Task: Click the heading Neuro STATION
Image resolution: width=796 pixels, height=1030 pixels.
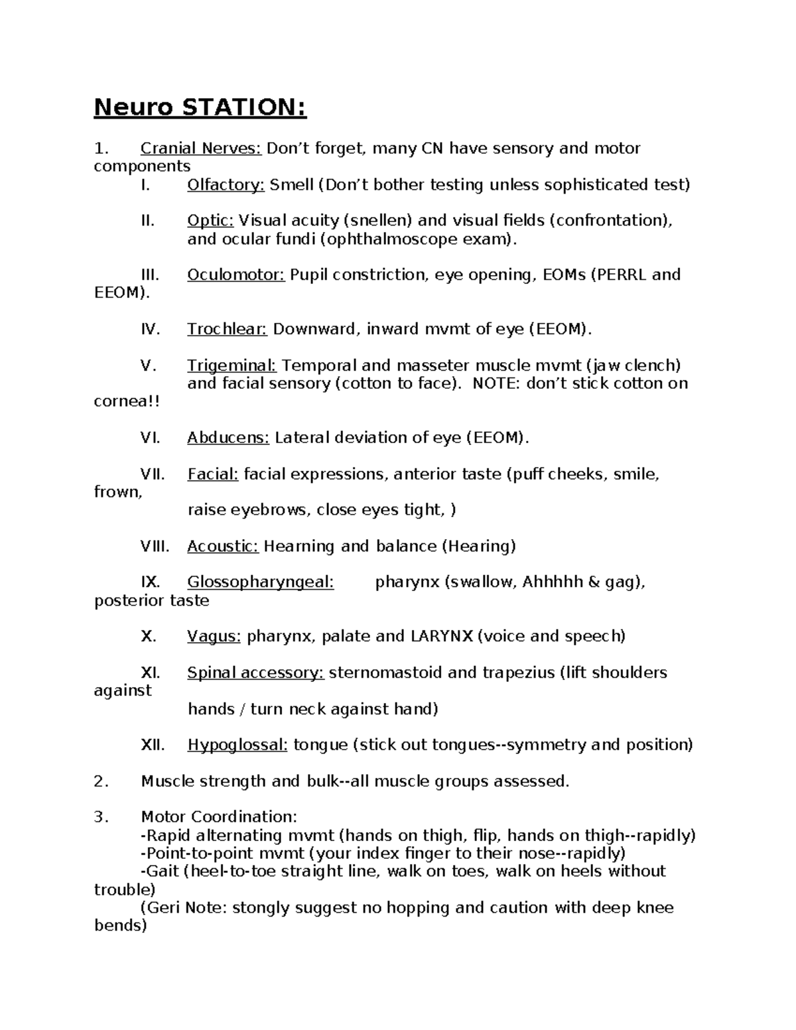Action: pos(200,107)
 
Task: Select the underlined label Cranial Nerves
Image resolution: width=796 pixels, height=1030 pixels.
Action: pos(201,148)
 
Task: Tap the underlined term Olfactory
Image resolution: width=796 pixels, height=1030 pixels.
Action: pos(226,184)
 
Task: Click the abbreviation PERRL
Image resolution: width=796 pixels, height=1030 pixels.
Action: pos(622,275)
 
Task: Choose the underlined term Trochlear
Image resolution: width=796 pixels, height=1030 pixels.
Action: pos(227,329)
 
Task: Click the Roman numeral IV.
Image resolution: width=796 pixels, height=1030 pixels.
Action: pos(151,329)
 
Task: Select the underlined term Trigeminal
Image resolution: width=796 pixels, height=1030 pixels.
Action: pos(232,365)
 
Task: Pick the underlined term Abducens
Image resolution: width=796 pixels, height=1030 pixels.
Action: pos(228,438)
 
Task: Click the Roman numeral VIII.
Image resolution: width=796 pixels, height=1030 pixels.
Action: pos(155,547)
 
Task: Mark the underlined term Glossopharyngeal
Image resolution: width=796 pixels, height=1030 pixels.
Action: pos(260,582)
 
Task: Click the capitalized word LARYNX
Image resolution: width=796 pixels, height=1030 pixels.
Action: pos(442,637)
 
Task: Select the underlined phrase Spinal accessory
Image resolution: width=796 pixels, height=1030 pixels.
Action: pos(255,673)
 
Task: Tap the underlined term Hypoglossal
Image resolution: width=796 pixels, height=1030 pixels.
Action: pos(237,745)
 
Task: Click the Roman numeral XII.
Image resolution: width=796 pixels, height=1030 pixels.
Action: pos(153,745)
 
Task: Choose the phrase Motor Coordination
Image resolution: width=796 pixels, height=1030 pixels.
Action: pos(219,817)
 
